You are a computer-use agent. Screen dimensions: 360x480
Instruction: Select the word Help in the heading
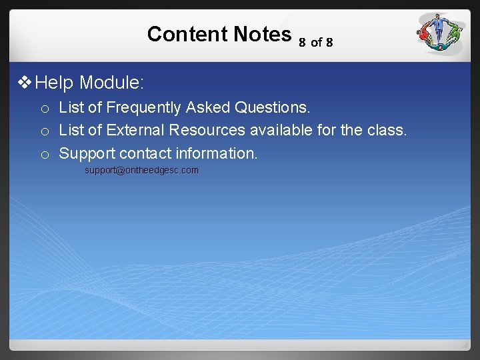(54, 83)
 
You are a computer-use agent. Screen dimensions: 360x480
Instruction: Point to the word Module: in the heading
(111, 83)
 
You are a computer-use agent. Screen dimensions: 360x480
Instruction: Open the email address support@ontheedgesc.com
(141, 171)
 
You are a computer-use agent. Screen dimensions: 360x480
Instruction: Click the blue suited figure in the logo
(437, 28)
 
